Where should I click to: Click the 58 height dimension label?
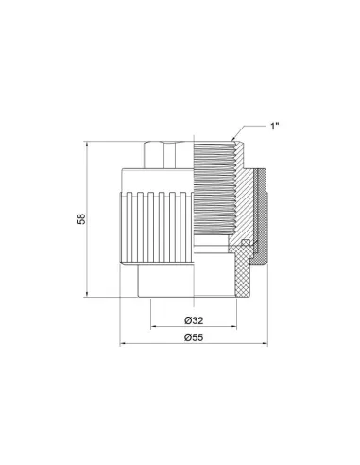tap(81, 219)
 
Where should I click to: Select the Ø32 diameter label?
tap(194, 320)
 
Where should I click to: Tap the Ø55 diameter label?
tap(194, 337)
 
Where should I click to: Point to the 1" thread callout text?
tap(275, 127)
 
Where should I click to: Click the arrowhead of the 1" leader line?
tap(233, 138)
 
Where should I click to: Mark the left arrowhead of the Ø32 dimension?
tap(153, 327)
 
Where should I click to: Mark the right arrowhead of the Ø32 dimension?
tap(233, 327)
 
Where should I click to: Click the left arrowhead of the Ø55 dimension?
tap(123, 344)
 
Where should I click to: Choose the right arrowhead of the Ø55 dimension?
tap(265, 344)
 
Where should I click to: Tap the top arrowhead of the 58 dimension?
tap(87, 145)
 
